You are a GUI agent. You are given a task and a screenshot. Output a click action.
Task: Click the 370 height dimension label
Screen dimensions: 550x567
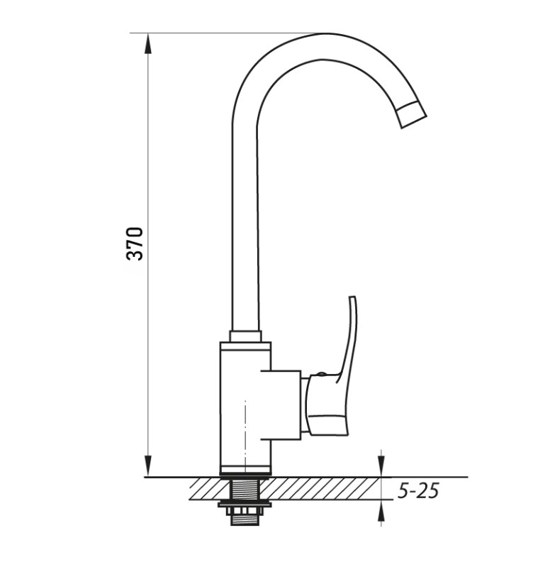click(135, 243)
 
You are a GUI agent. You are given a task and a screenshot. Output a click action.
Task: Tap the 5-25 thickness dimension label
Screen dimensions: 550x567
click(418, 490)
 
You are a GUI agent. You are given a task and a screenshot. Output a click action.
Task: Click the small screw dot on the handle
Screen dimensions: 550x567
click(320, 374)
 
